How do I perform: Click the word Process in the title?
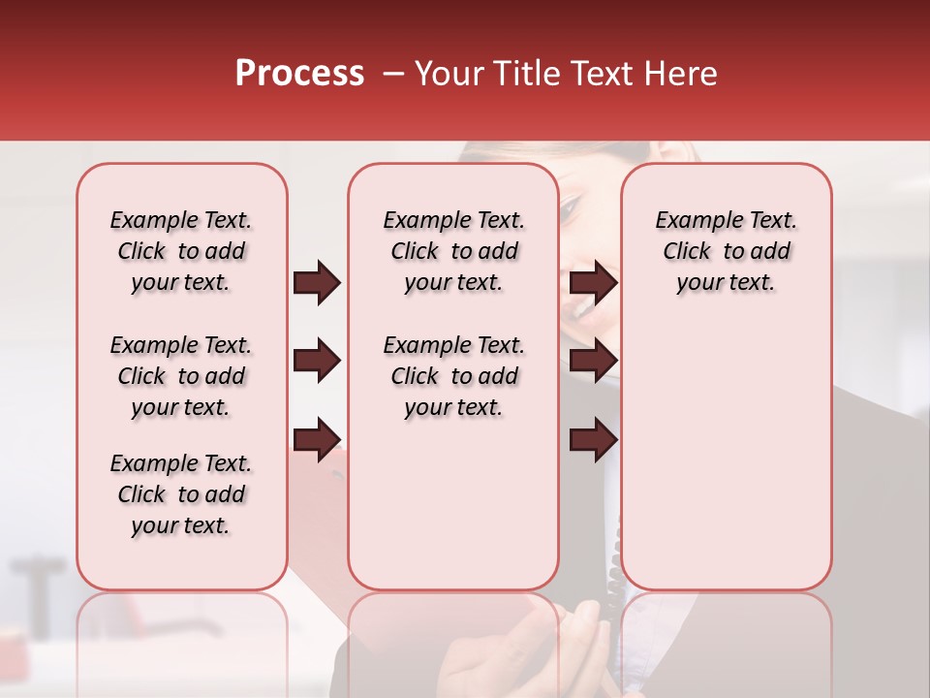click(299, 74)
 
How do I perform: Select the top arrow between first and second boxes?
click(317, 282)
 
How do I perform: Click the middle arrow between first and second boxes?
click(317, 361)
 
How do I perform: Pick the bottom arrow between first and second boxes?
click(317, 439)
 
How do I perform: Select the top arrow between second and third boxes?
click(593, 282)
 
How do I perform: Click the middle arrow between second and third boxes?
click(593, 361)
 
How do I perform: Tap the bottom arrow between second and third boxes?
click(593, 439)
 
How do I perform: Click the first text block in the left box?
click(181, 251)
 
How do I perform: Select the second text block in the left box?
click(181, 376)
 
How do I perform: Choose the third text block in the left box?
click(181, 494)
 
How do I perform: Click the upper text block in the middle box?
click(453, 251)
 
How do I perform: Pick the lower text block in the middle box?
click(453, 376)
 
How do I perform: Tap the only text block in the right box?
click(726, 251)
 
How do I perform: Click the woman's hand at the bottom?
click(562, 650)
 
